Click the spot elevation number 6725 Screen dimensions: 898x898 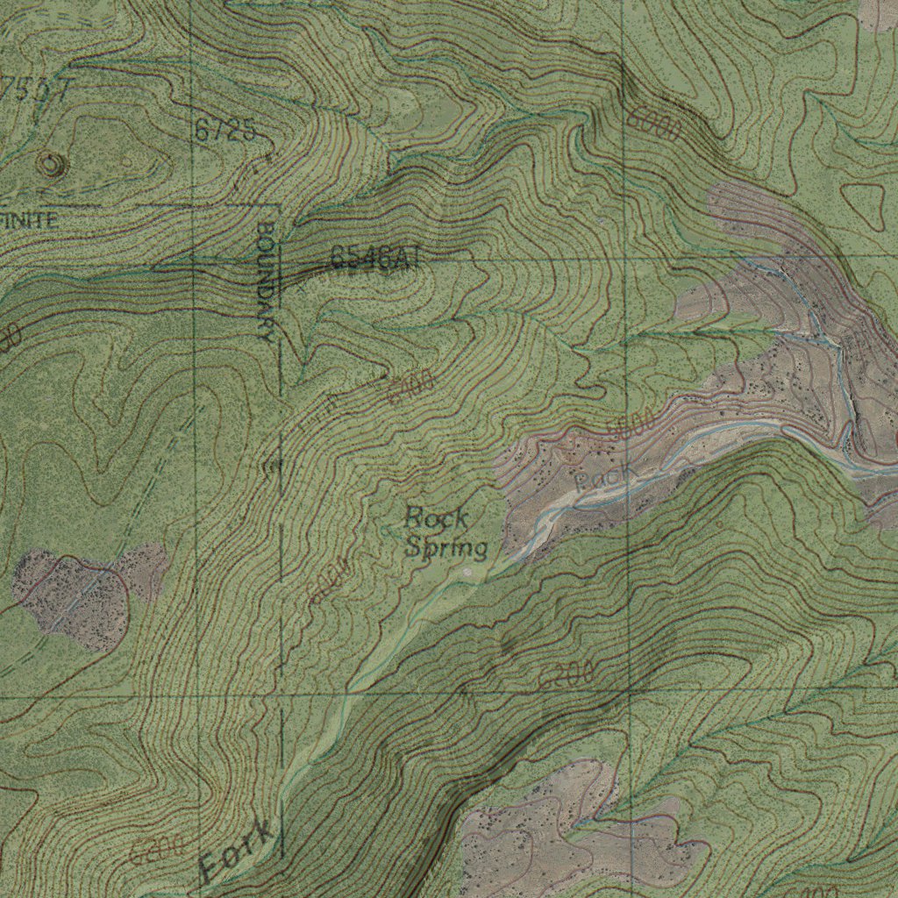tap(225, 132)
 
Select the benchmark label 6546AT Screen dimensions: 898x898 tap(376, 257)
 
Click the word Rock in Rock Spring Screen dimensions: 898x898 tap(436, 517)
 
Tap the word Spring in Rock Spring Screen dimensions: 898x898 tap(446, 548)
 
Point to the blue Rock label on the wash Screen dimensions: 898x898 tap(606, 477)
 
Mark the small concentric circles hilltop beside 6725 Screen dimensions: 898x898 tap(51, 162)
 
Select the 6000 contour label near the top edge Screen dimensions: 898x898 tap(654, 125)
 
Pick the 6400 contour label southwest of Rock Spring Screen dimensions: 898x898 tap(331, 581)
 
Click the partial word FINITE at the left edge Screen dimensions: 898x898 tap(29, 220)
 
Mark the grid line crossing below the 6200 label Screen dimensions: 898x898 tap(629, 692)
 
